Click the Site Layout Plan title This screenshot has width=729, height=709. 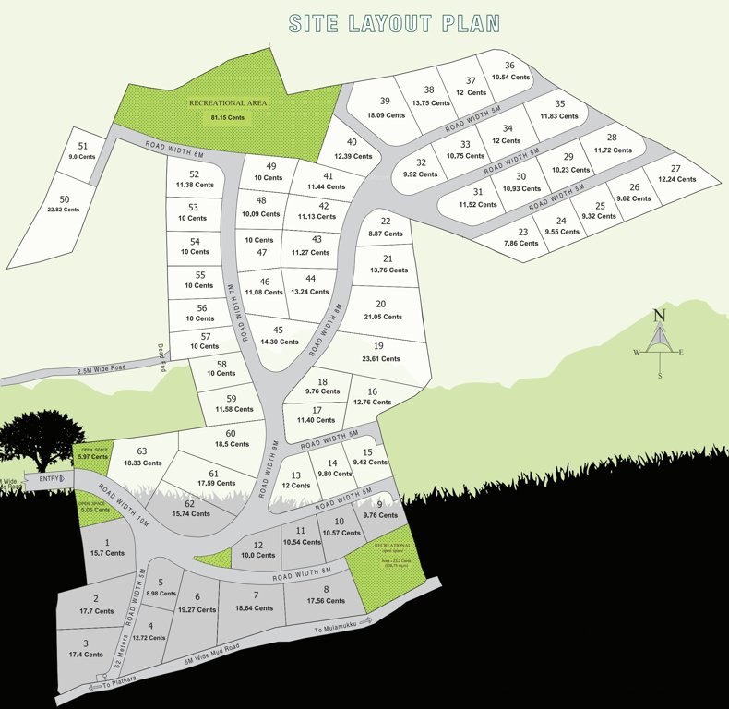pyautogui.click(x=394, y=23)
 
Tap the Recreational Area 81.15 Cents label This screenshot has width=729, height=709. pyautogui.click(x=228, y=110)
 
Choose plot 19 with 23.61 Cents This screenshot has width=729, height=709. pyautogui.click(x=379, y=353)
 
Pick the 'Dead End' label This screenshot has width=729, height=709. pyautogui.click(x=161, y=352)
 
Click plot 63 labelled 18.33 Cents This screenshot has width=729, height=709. pyautogui.click(x=142, y=456)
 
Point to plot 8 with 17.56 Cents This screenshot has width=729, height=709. pyautogui.click(x=326, y=595)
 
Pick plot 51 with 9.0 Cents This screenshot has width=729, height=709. pyautogui.click(x=83, y=151)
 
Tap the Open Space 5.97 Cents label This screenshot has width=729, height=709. pyautogui.click(x=93, y=454)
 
